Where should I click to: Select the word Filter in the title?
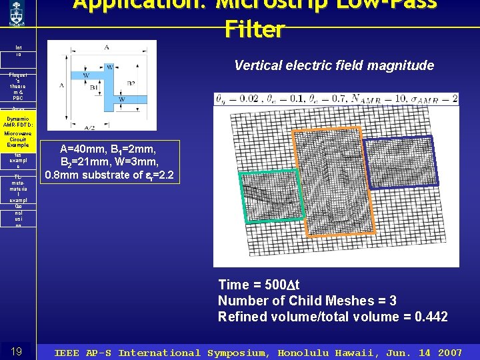pyautogui.click(x=255, y=29)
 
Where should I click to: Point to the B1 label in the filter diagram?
pyautogui.click(x=94, y=86)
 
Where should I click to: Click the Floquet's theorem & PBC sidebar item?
pyautogui.click(x=18, y=86)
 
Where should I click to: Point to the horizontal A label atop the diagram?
pyautogui.click(x=107, y=47)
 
